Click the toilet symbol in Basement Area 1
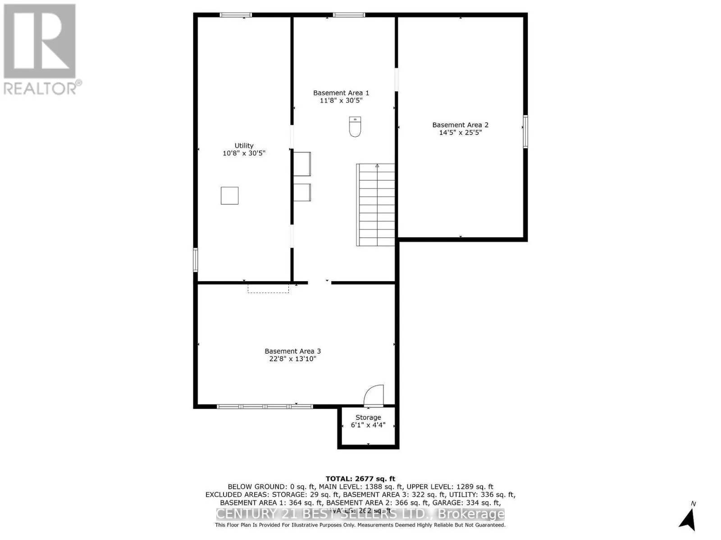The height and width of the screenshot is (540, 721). click(355, 126)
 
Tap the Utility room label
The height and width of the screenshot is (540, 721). click(244, 145)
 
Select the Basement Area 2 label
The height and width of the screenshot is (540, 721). click(460, 125)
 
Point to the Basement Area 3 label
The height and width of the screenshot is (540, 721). click(292, 351)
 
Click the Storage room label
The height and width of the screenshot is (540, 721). click(368, 417)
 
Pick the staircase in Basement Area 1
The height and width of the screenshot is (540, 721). click(376, 205)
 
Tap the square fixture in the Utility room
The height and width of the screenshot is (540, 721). click(229, 196)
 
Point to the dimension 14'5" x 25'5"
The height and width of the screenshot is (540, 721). click(460, 133)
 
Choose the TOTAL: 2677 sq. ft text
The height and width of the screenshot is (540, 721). click(360, 479)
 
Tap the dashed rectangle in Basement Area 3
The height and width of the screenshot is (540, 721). click(268, 288)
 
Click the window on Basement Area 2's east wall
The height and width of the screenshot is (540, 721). click(525, 131)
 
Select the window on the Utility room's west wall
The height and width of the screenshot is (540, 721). click(196, 260)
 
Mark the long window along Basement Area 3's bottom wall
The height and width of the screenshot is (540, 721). click(265, 406)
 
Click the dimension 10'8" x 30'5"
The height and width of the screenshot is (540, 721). click(244, 153)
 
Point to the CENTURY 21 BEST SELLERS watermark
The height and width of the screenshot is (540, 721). click(360, 514)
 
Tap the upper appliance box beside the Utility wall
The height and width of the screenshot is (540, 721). click(302, 164)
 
